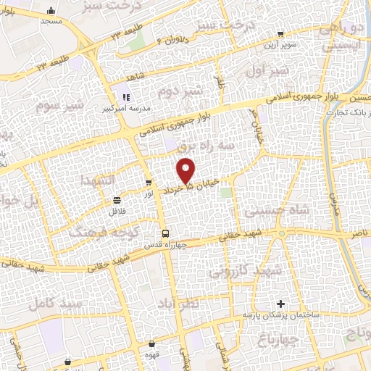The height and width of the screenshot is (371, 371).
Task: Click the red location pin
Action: pos(187,170)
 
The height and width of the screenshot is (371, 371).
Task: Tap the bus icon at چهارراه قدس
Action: pos(167,233)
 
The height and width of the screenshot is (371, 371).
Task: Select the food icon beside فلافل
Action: pos(117,201)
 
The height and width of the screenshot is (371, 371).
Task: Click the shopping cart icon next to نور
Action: pos(148,183)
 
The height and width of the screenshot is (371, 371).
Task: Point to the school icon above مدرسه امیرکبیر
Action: pos(125,97)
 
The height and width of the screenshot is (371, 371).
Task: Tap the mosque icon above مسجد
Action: pos(51,11)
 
